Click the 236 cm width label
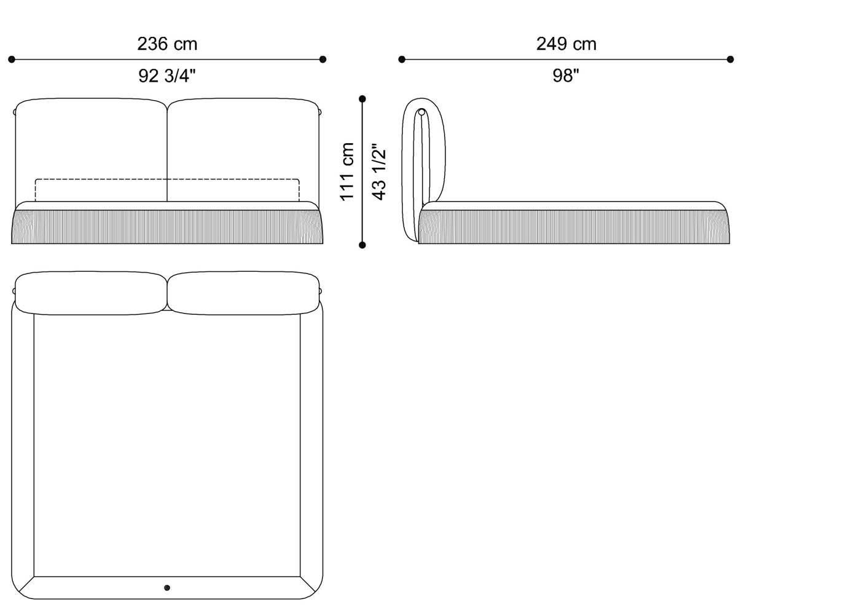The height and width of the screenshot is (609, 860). point(167,44)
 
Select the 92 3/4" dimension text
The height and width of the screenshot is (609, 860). point(167,76)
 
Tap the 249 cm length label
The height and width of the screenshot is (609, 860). point(566,44)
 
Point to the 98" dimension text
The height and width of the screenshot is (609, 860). point(566,76)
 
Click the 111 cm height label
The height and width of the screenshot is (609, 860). point(347,171)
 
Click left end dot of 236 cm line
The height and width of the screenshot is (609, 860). point(12,60)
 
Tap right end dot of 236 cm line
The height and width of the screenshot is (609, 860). point(323,60)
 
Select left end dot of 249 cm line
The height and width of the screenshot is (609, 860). point(402,60)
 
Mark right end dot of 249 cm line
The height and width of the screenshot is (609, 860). point(730,60)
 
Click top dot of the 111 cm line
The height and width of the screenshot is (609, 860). point(362,99)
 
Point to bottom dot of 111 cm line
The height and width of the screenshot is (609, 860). point(362,245)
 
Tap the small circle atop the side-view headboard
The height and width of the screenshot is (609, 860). point(422,112)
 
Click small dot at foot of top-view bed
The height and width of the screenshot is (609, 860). point(167,588)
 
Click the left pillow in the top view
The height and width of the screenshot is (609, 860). point(91,294)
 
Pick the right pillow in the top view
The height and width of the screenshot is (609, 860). point(243,294)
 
